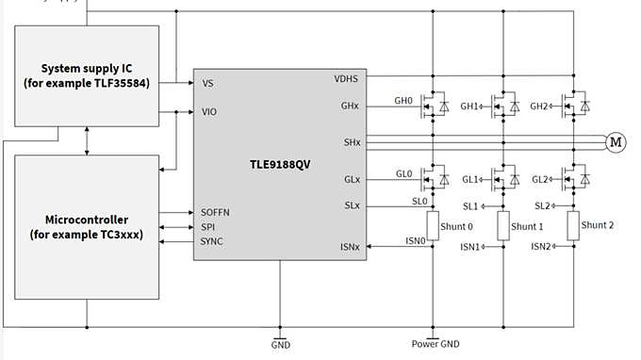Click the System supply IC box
pos(88,76)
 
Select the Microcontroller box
pos(88,226)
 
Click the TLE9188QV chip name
pos(281,163)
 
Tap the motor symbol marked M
pos(616,141)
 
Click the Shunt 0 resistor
pos(434,226)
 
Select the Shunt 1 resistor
pos(503,226)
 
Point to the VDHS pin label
pos(346,78)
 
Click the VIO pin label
pos(209,112)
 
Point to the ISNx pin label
pos(348,248)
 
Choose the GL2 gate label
pos(541,176)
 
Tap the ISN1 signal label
pos(470,247)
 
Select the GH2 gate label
pos(539,106)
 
